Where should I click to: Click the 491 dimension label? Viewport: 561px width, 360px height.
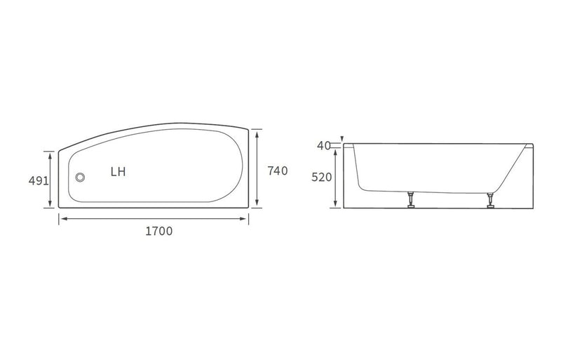(39, 180)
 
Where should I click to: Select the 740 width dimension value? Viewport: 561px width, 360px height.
(278, 170)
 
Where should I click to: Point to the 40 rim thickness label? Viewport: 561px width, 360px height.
(323, 146)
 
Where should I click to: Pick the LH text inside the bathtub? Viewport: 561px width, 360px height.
(119, 171)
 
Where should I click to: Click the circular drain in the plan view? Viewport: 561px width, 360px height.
(80, 178)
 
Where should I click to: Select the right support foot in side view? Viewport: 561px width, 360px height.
(489, 201)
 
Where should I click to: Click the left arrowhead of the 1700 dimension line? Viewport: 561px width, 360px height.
(62, 219)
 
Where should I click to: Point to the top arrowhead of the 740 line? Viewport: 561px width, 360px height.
(259, 132)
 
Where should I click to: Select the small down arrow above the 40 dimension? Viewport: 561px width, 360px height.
(342, 139)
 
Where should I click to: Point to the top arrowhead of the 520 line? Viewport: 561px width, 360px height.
(336, 152)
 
